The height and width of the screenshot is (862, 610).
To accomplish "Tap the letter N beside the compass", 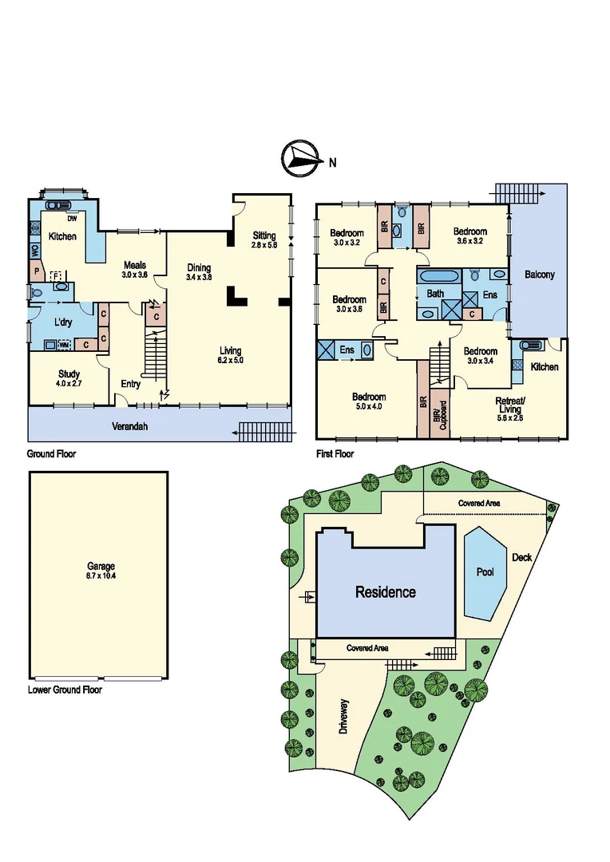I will coord(331,163).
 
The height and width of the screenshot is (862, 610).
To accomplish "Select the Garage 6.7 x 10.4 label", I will coord(101,571).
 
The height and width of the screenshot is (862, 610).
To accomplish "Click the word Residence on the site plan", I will coord(386,592).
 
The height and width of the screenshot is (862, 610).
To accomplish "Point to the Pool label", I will coord(485,572).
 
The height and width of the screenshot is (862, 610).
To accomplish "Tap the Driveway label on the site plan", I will coord(344,717).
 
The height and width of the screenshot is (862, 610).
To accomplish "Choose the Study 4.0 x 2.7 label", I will coord(69,378).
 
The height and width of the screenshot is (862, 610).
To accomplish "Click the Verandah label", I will coord(129,426).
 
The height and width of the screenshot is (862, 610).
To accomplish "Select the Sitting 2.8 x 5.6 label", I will coord(264,240).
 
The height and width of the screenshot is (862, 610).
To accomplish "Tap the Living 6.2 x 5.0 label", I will coord(232,355).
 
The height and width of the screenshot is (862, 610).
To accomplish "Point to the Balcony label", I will coord(539,275).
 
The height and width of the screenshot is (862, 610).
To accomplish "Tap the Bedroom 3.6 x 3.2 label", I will coord(470,236).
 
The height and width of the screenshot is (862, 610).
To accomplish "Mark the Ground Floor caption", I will coord(52,453).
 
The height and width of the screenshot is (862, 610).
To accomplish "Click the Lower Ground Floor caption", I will coord(65,690).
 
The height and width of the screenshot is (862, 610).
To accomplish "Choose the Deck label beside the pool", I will coord(521,558).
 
